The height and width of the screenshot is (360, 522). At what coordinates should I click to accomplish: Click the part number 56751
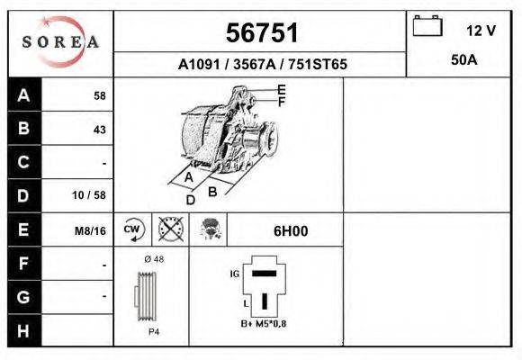[x=262, y=33]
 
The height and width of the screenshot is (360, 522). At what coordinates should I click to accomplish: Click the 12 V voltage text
[x=481, y=30]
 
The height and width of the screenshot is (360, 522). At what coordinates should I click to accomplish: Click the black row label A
[x=24, y=94]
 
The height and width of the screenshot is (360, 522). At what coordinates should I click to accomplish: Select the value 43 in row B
[x=99, y=129]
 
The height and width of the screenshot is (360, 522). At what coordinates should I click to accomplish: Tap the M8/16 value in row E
[x=90, y=231]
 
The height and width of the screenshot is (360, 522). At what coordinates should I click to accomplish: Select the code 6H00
[x=291, y=230]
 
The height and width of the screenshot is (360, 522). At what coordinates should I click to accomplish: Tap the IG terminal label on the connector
[x=236, y=272]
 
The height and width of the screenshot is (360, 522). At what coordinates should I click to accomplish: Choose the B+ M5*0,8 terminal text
[x=264, y=324]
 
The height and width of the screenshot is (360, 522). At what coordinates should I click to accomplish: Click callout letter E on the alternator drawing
[x=282, y=89]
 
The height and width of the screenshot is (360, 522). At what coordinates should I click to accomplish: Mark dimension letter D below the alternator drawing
[x=189, y=200]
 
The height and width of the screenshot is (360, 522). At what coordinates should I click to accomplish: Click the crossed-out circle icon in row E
[x=170, y=229]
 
